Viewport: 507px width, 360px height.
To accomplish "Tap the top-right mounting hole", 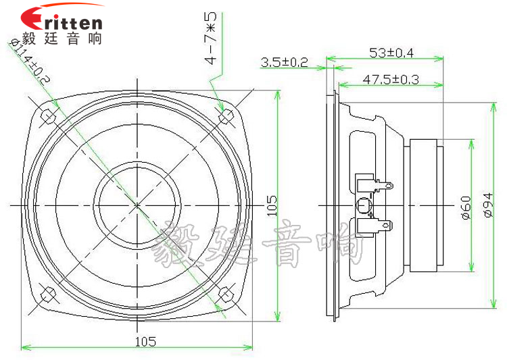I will [x=225, y=115].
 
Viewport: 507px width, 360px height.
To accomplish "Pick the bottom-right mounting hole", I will [x=225, y=294].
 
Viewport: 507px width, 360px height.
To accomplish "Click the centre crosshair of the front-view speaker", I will [x=137, y=204].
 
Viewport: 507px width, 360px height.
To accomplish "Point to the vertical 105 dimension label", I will [x=271, y=205].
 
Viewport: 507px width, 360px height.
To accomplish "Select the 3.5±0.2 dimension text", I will [x=284, y=63].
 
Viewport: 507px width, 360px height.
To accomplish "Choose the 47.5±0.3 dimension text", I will [x=391, y=80].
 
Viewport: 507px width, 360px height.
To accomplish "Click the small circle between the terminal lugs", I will [x=363, y=204].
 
